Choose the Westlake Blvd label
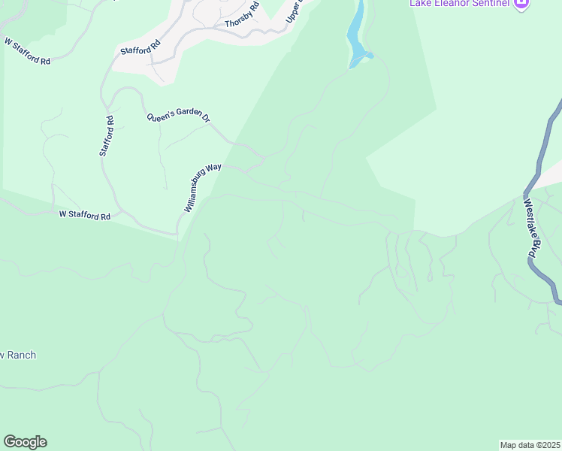click(533, 229)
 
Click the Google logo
click(25, 442)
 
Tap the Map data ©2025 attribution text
click(530, 444)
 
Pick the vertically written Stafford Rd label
click(107, 135)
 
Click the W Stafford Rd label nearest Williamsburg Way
click(85, 215)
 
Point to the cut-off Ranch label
click(18, 355)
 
